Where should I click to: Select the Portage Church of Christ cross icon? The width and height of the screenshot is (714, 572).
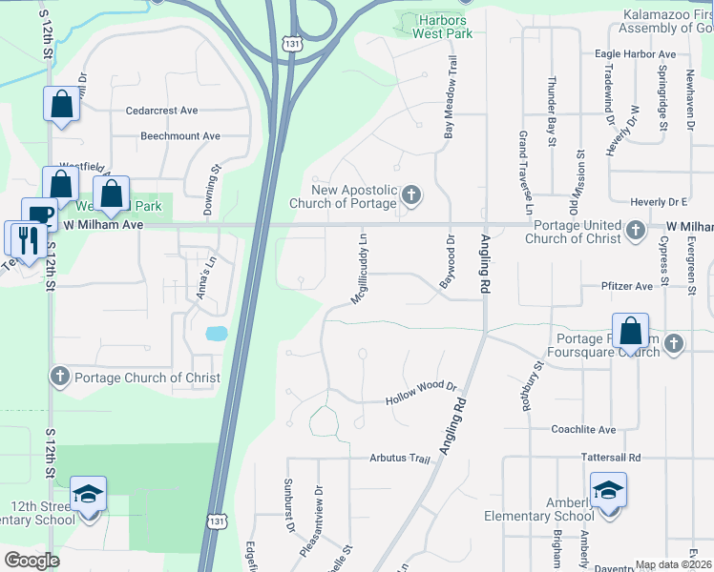point(59,377)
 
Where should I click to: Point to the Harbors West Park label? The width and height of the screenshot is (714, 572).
point(442,26)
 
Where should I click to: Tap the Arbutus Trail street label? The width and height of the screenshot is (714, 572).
point(401,458)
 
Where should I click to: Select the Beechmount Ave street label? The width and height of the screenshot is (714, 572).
point(180,136)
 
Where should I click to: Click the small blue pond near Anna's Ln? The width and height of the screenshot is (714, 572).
point(216,334)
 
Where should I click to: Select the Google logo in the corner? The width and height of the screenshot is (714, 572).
point(31,561)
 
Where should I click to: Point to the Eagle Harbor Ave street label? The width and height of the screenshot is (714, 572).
point(635,55)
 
